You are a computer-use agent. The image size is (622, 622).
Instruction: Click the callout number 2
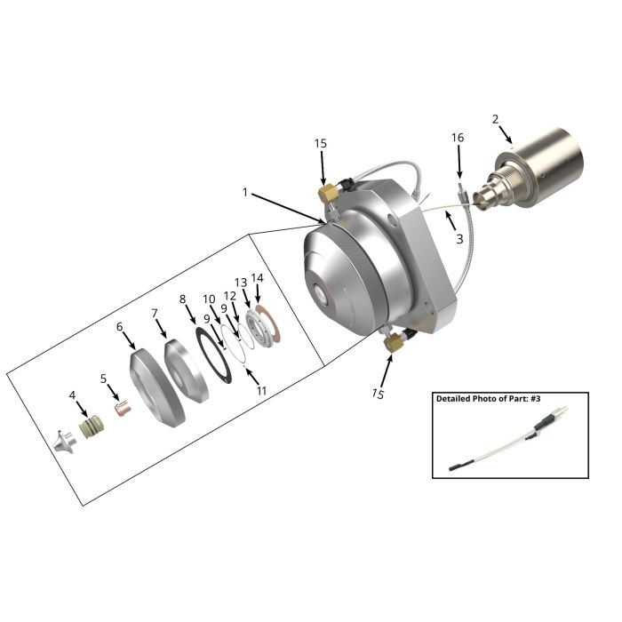point(496,119)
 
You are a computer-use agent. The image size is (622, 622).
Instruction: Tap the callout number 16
point(458,138)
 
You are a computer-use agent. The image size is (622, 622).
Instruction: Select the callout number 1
point(245,193)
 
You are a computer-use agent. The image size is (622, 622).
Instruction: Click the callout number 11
point(261,391)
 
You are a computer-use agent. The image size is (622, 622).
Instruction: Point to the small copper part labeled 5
point(123,409)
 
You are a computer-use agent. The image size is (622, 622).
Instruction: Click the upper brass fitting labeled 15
point(329,192)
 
